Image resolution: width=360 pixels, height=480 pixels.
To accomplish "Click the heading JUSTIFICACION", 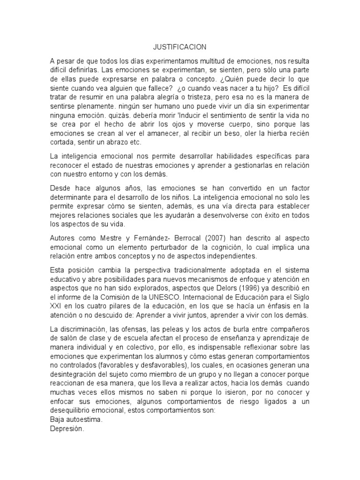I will point(180,47).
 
